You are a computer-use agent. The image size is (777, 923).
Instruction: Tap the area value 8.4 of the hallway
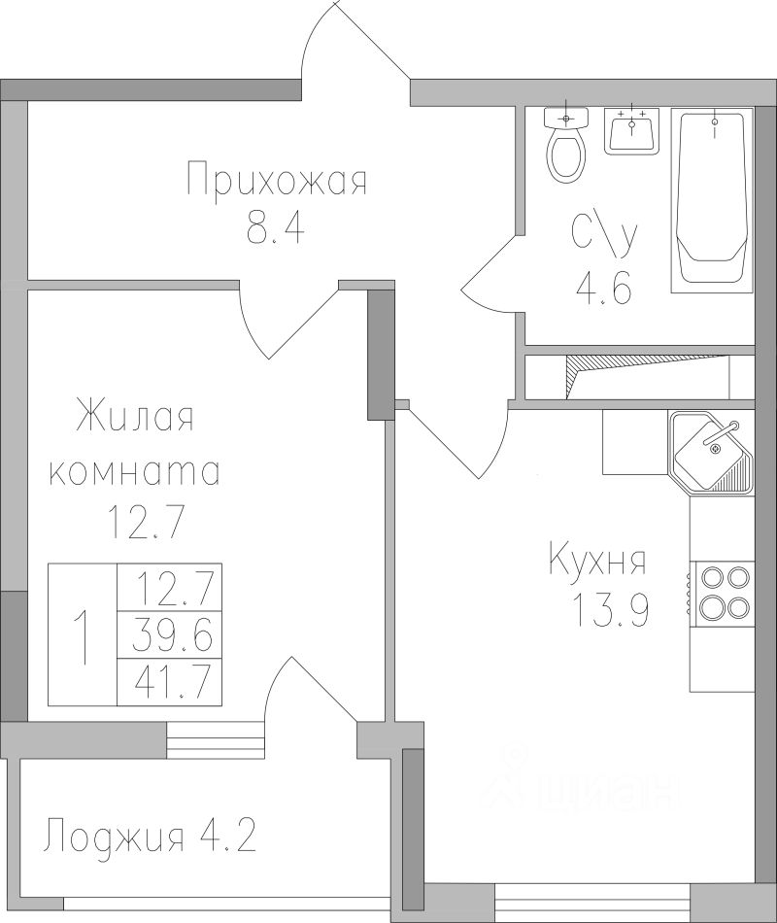point(276,228)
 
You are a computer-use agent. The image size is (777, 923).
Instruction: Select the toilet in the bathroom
point(567,144)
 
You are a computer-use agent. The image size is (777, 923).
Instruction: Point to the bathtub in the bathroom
point(712,200)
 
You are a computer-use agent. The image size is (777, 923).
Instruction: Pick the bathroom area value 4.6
point(603,289)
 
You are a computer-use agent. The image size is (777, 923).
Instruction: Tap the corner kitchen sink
point(712,452)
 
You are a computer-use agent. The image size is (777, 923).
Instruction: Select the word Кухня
point(597,563)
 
